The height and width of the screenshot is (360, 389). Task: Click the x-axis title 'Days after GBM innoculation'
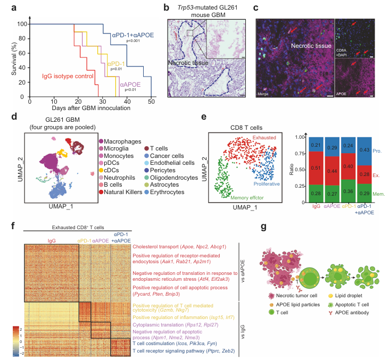[x=90, y=109]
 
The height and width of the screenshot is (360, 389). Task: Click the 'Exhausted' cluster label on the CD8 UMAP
[x=264, y=138]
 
